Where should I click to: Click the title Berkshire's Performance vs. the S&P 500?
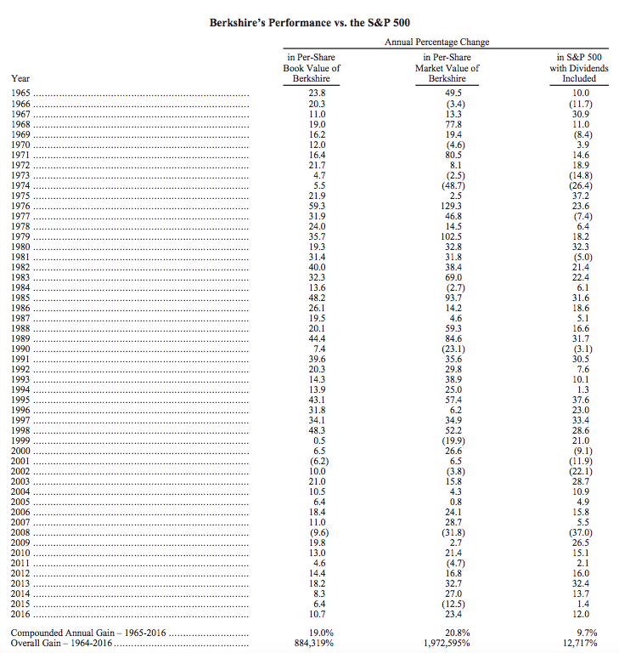coord(309,22)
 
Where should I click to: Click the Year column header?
coord(20,78)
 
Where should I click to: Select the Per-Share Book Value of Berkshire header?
coord(312,68)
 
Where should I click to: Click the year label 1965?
coord(21,92)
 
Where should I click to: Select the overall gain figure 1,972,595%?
coord(447,644)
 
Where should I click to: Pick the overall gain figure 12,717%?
coord(578,644)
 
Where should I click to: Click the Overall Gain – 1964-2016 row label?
coord(61,644)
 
